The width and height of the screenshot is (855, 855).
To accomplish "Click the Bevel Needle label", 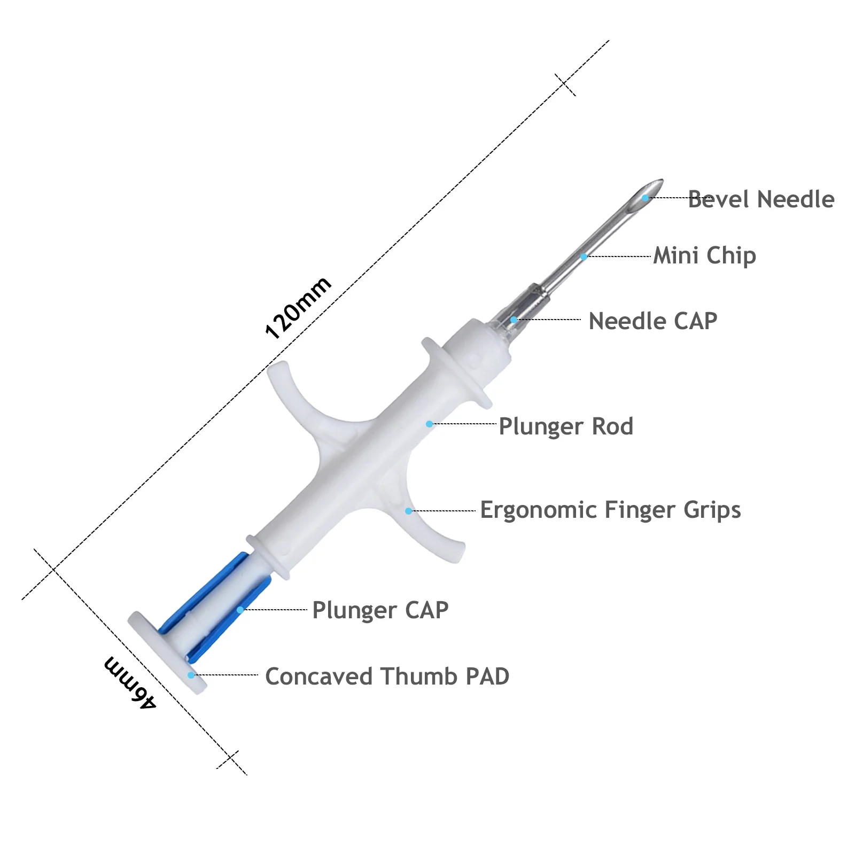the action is (x=761, y=199).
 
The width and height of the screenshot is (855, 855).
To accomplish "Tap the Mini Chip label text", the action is (x=705, y=255).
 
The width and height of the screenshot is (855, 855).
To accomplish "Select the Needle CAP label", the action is (x=653, y=321).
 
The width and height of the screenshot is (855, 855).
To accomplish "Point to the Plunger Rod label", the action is (x=566, y=426).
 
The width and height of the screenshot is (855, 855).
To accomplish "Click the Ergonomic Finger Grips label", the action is (x=611, y=510).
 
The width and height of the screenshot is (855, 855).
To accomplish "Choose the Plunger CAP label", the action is (x=380, y=610).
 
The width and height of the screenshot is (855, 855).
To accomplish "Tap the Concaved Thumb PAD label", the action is (x=387, y=677).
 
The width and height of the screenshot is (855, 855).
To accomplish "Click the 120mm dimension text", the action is (x=298, y=308).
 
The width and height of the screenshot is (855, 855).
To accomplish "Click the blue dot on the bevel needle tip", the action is (x=646, y=198).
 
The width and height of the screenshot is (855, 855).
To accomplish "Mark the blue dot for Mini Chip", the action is (x=584, y=257).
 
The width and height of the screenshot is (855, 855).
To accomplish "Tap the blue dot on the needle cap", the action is (x=514, y=320).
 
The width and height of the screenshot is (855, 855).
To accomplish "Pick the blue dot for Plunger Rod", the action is (x=429, y=424).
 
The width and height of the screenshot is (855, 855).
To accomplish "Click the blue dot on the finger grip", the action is (x=408, y=511).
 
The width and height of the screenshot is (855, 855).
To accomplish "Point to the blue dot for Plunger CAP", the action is (x=240, y=610).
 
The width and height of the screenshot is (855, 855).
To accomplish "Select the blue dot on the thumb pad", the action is (x=191, y=675).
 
